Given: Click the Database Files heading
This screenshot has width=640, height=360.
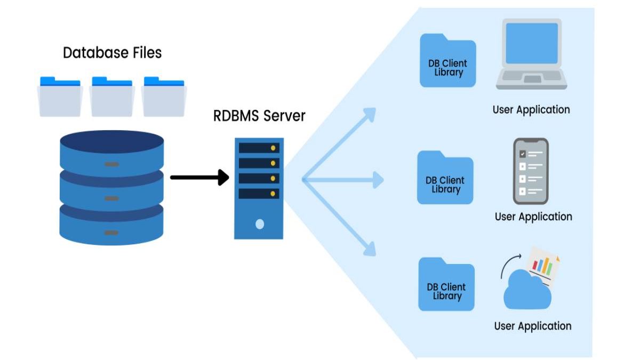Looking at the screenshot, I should point(112,53).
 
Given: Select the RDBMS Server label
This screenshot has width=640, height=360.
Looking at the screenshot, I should point(259,116).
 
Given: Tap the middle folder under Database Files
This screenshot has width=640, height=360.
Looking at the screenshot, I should point(111,98).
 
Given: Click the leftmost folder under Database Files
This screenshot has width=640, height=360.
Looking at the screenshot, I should point(60,98).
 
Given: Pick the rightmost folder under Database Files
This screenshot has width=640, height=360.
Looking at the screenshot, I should point(163,98).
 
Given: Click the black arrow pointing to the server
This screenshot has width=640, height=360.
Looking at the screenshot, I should point(199,178).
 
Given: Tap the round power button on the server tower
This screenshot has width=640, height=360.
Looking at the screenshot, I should point(260,224).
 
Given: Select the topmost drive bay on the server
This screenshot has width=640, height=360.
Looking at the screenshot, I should point(259,148).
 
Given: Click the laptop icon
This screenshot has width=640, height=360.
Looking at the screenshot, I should point(531,54).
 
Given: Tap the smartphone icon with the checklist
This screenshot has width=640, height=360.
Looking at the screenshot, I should point(531,171).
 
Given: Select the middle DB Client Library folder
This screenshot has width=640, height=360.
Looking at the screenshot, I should point(445,179).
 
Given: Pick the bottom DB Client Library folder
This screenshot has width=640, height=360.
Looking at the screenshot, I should point(446,285).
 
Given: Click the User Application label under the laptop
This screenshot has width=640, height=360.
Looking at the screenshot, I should point(531,110).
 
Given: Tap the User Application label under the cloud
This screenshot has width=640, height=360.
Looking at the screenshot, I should point(532,326).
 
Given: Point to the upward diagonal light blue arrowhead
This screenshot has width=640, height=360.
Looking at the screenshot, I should point(369,114).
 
